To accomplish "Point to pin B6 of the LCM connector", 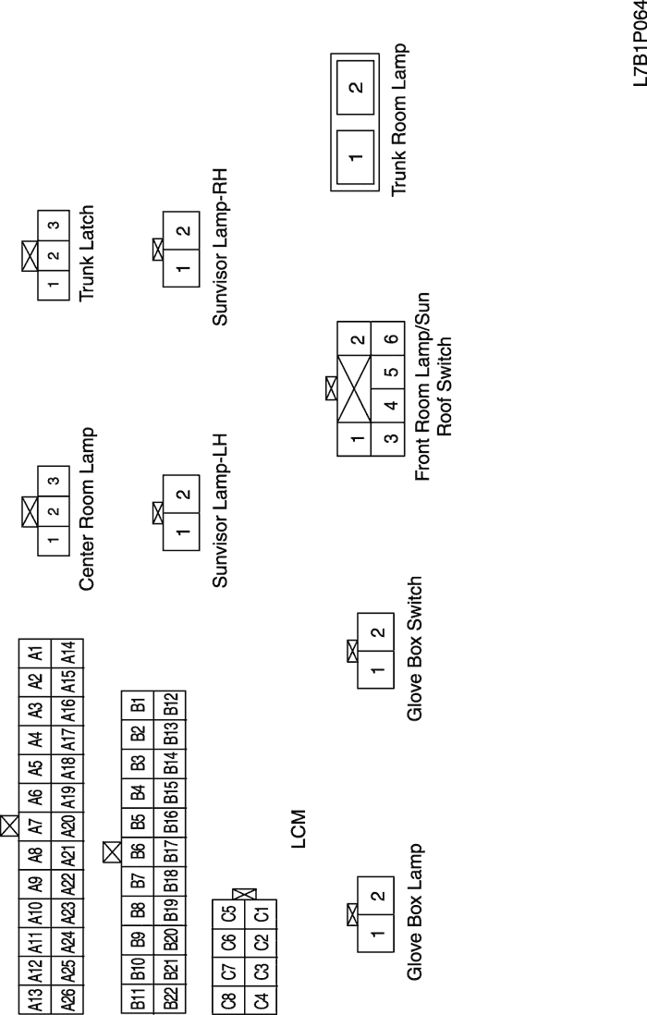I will (x=139, y=851).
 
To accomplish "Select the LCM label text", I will (x=297, y=829).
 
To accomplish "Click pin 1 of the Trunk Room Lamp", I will (x=355, y=158).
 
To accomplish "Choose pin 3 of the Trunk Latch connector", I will (x=54, y=225).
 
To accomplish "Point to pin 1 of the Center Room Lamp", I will (x=54, y=540).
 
